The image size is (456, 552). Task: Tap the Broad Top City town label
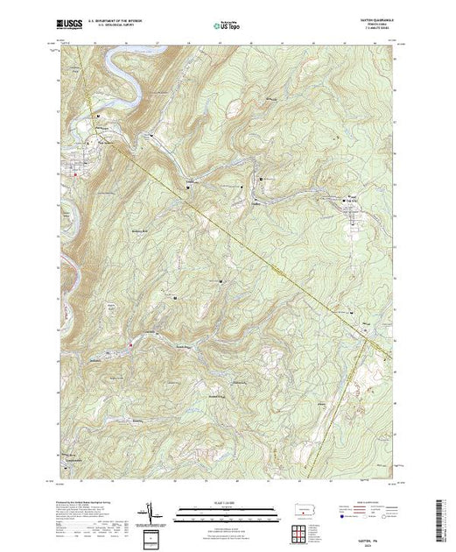point(352,201)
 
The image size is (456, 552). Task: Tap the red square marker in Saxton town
point(76,174)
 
